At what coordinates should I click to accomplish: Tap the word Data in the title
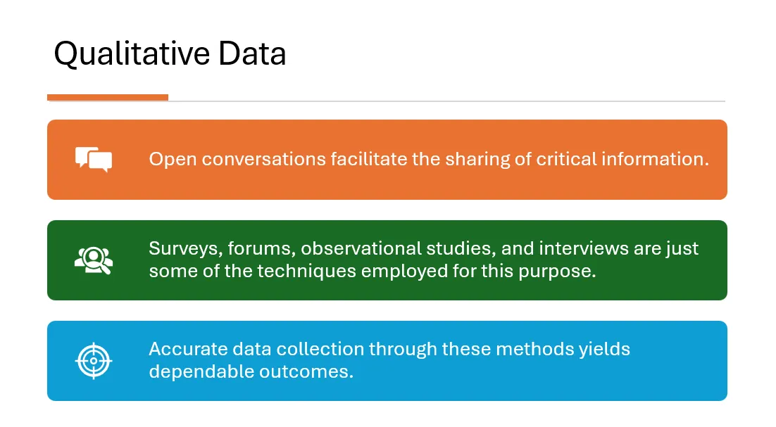click(252, 53)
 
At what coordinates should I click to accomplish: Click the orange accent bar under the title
click(108, 97)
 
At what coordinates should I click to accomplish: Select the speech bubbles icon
click(94, 160)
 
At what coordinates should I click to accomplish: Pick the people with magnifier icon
click(94, 260)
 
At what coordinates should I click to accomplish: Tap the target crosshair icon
click(94, 361)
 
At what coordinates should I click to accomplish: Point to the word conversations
click(263, 159)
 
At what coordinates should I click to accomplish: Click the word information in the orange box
click(656, 159)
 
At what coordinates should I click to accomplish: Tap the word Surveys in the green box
click(186, 248)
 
